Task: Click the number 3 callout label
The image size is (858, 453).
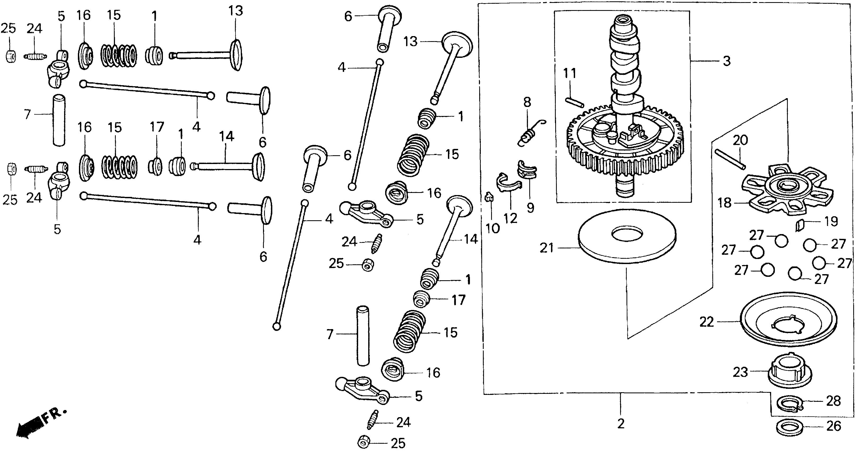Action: click(x=726, y=61)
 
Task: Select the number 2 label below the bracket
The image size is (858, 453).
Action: click(x=620, y=424)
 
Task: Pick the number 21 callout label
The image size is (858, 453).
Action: click(x=546, y=248)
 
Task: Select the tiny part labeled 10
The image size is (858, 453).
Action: click(x=489, y=197)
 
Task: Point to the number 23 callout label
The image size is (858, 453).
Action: click(x=740, y=372)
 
